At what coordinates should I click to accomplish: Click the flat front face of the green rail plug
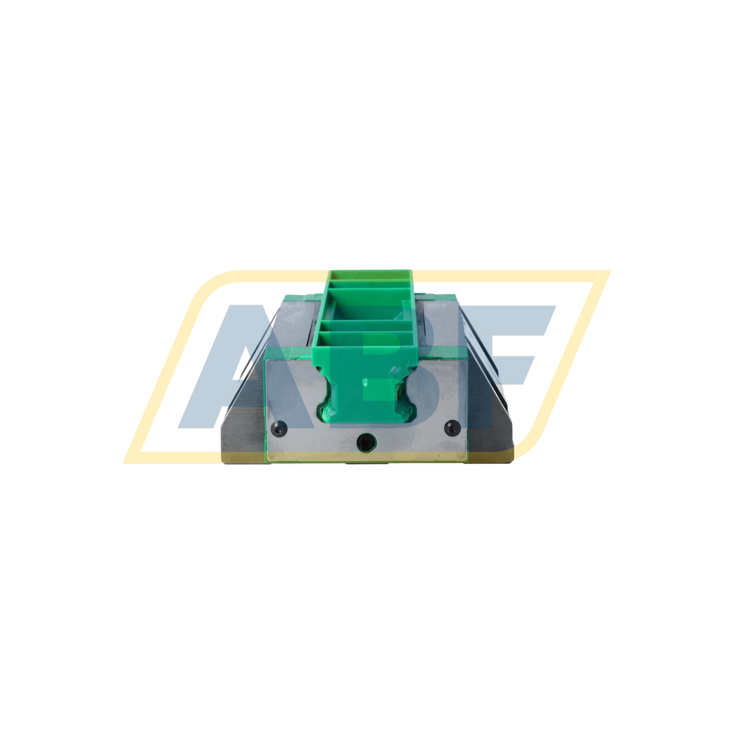click(x=366, y=391)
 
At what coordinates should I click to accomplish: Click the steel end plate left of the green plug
click(x=294, y=391)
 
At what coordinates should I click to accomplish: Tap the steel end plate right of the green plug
click(x=438, y=391)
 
